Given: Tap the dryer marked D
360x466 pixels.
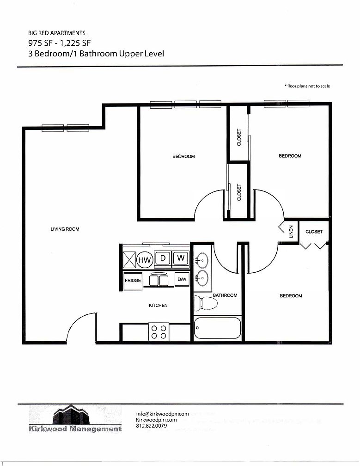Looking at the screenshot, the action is pos(163,258).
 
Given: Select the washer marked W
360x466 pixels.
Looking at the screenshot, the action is pos(181,258).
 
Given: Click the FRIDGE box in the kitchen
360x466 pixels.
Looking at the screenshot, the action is pos(132,281).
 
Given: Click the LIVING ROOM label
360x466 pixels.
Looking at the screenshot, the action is pos(65,229).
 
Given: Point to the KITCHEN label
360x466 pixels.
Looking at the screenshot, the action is pos(158,306).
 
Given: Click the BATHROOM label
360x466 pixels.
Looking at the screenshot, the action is pos(225,295).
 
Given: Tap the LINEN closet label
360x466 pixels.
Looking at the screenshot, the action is pos(291,232).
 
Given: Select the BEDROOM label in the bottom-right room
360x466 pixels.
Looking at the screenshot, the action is pos(291,296).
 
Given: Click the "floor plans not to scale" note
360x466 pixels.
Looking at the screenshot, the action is pos(307,86).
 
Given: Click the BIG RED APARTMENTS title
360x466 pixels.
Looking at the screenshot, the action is pos(57,33).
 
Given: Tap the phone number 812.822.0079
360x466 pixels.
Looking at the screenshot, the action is pos(152,426).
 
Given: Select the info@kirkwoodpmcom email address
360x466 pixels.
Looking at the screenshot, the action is pos(163,414).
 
